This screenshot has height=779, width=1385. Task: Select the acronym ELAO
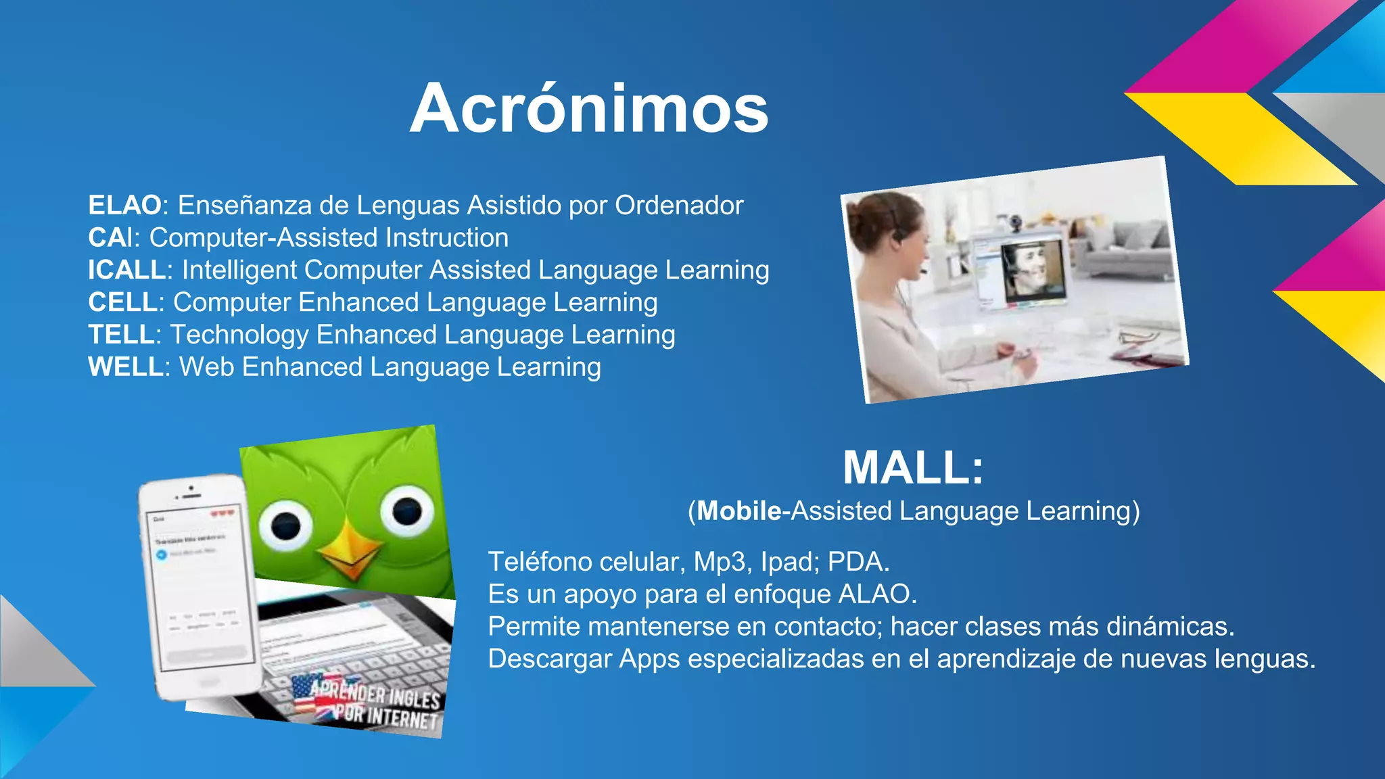[x=124, y=205]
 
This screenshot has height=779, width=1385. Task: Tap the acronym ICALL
[x=127, y=270]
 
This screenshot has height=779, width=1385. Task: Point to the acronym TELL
[x=121, y=335]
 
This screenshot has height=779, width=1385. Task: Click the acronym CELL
[x=122, y=302]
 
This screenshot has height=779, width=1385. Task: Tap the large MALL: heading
[x=913, y=468]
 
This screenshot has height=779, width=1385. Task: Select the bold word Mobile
[x=739, y=511]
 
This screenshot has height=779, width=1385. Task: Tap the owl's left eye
[x=285, y=524]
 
